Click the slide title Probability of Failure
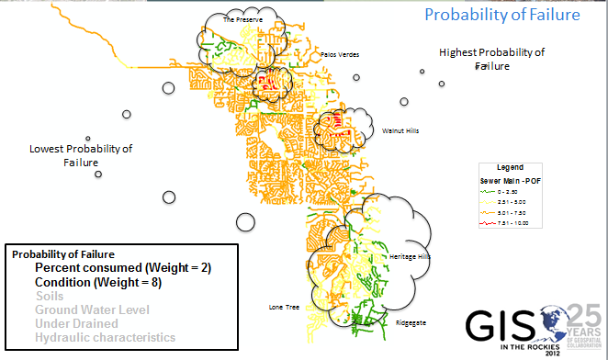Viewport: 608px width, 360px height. [501, 15]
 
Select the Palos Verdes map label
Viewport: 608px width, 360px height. [341, 54]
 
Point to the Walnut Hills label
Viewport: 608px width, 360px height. [400, 131]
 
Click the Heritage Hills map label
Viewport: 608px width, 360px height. [410, 257]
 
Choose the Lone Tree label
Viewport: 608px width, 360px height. [284, 307]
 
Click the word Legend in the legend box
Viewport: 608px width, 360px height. [510, 168]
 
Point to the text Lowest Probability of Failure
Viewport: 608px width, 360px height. [81, 155]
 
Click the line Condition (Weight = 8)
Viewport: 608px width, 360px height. [99, 282]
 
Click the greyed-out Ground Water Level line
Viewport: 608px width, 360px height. [86, 309]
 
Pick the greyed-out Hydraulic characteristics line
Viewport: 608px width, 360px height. [105, 337]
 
